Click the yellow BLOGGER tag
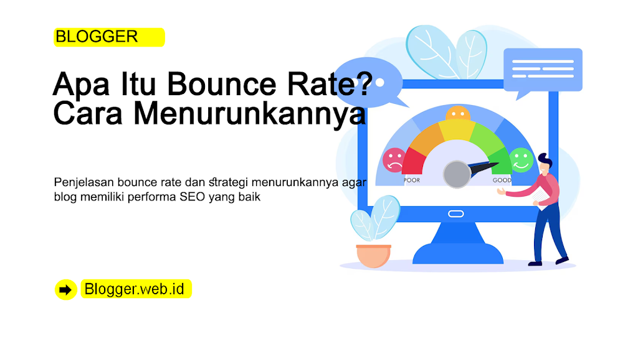[x=109, y=37]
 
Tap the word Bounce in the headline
[x=222, y=83]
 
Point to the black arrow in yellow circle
[x=65, y=290]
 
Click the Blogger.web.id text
[x=135, y=289]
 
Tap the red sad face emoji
[x=394, y=160]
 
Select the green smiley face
[x=521, y=160]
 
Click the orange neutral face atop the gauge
[x=458, y=114]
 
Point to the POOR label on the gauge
[x=412, y=180]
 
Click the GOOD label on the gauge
[x=502, y=180]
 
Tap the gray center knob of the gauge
[x=457, y=174]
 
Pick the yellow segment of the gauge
[x=457, y=130]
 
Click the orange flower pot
[x=374, y=256]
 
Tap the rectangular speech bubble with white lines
[x=543, y=70]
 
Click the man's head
[x=545, y=163]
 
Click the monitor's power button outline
[x=455, y=213]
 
